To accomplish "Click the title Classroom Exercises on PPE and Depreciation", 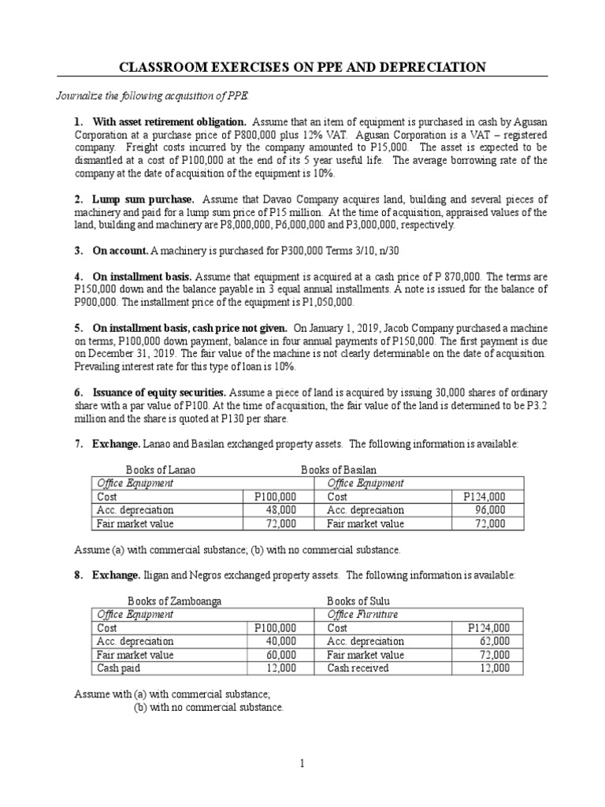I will coord(302,68).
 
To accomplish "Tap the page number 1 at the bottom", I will coord(302,762).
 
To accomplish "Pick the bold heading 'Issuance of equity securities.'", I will coord(160,392).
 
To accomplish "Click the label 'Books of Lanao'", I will coord(161,470).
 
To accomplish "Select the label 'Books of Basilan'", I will coord(339,470).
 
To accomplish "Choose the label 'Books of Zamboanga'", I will coord(174,601).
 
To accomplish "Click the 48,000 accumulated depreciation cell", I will coord(279,510).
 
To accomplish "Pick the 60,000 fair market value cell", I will coord(279,655).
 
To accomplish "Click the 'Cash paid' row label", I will coord(119,668).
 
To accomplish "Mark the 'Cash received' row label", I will coord(358,668).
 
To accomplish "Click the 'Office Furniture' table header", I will coord(362,614).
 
